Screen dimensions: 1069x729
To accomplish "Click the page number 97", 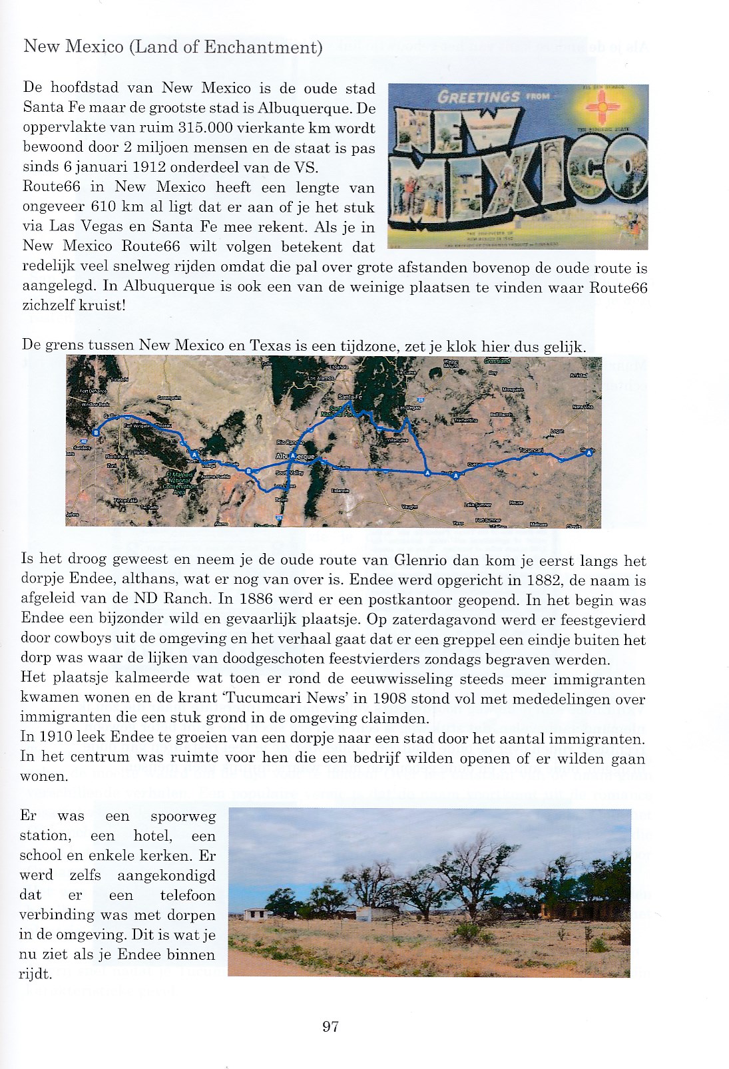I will coord(330,1026).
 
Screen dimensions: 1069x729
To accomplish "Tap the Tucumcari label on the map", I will coord(531,451).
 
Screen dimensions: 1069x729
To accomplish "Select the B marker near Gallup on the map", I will coord(97,433).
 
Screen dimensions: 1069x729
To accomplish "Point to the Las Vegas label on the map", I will coord(409,408).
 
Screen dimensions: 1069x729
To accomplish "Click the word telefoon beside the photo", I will coord(188,895).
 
